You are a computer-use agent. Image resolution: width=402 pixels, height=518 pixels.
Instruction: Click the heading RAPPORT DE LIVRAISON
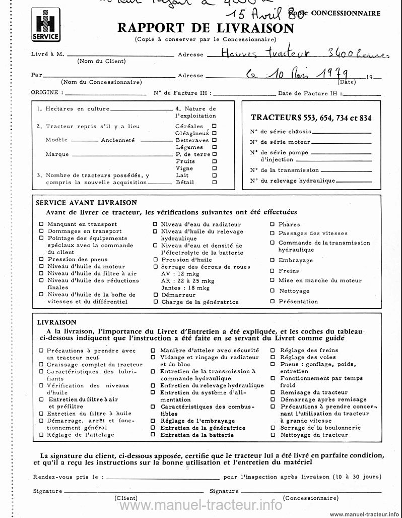[x=206, y=28]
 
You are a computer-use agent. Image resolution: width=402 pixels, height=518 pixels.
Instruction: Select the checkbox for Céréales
[x=214, y=126]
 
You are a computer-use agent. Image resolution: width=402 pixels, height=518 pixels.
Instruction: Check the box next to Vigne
[x=214, y=168]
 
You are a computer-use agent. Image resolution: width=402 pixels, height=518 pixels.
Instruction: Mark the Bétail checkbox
[x=214, y=182]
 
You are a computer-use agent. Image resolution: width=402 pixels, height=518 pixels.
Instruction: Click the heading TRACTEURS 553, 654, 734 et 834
[x=311, y=118]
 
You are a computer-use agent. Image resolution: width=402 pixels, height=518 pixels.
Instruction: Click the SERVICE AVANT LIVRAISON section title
[x=86, y=203]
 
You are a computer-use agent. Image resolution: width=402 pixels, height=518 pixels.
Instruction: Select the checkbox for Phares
[x=273, y=224]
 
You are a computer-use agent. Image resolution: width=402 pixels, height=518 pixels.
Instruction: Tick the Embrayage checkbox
[x=273, y=260]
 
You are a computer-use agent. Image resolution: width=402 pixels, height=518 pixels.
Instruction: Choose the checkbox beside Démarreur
[x=156, y=295]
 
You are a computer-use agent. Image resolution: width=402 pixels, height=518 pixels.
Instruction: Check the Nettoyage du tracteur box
[x=273, y=435]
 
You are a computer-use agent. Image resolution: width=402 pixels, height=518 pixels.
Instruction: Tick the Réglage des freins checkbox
[x=273, y=350]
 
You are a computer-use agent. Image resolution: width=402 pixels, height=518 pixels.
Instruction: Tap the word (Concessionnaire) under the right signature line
[x=310, y=498]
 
